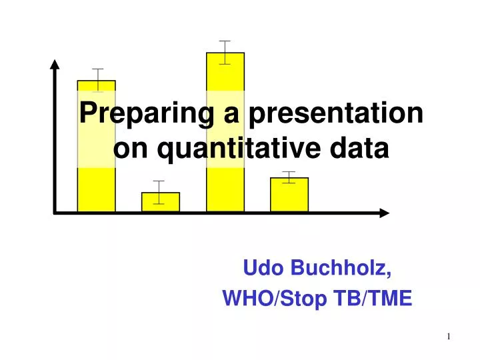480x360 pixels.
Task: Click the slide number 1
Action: tap(449, 337)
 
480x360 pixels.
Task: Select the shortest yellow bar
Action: tap(161, 202)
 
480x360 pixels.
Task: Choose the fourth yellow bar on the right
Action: tap(289, 195)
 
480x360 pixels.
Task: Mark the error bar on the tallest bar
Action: tap(225, 52)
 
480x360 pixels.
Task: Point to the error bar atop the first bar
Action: tap(98, 79)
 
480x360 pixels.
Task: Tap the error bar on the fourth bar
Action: tap(289, 177)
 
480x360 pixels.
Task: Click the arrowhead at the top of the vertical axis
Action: tap(55, 64)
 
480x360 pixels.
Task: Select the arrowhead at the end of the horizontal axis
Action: tap(384, 213)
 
